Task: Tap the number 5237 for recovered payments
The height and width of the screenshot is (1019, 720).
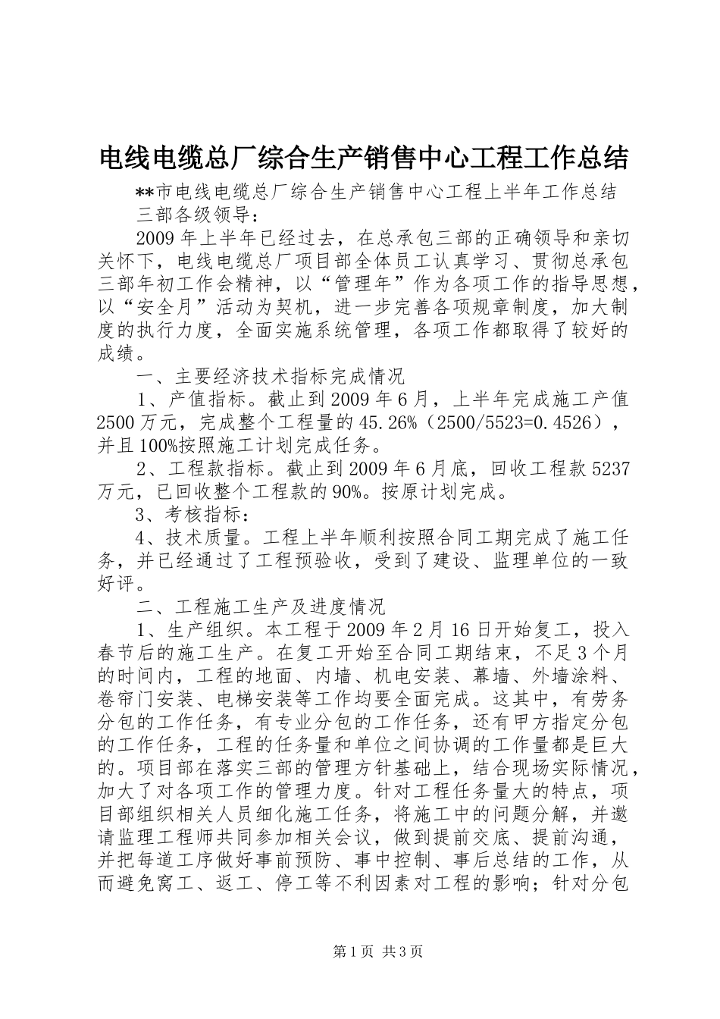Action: pos(609,468)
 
